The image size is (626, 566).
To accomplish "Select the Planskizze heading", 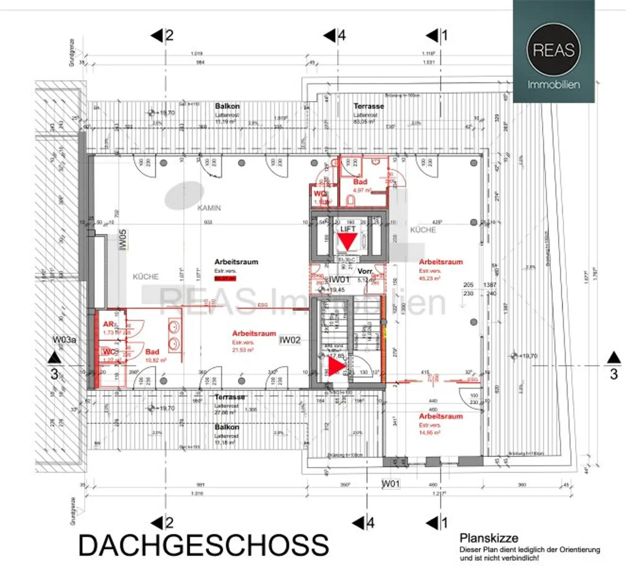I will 489,538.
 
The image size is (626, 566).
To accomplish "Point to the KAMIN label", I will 209,208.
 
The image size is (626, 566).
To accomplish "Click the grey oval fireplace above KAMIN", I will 184,196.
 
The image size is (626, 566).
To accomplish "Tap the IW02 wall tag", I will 290,340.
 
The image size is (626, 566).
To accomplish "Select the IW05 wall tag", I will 123,240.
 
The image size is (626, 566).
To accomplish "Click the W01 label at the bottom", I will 390,484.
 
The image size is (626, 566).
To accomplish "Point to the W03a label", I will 64,340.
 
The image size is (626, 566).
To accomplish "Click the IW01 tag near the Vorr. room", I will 339,279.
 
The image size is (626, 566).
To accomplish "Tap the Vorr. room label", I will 365,271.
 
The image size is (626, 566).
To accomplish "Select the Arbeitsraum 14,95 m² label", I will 441,417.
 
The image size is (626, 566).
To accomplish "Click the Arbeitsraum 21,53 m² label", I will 254,333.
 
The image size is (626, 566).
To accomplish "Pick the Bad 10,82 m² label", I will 152,352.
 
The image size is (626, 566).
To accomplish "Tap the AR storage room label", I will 108,324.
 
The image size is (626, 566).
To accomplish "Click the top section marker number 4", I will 342,35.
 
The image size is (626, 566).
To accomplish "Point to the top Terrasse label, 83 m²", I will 368,106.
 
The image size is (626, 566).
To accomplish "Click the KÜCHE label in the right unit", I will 423,230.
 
